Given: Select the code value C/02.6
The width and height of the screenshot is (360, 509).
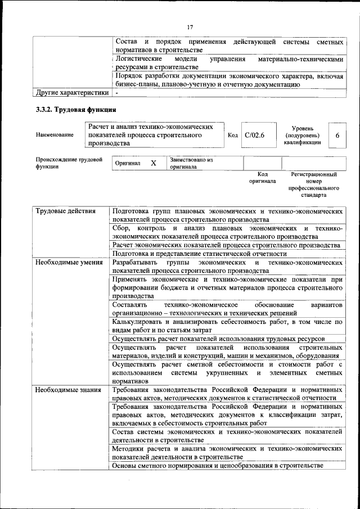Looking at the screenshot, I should pyautogui.click(x=254, y=136).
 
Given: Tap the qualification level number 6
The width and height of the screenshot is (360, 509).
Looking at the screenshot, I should pyautogui.click(x=337, y=136).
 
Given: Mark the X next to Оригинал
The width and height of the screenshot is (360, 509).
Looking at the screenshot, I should pyautogui.click(x=153, y=163).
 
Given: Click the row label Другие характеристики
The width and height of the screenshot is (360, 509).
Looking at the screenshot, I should pyautogui.click(x=71, y=92).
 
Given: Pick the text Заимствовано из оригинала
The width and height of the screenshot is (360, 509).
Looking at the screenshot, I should pyautogui.click(x=191, y=163).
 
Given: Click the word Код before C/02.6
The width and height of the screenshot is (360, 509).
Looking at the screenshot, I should pyautogui.click(x=232, y=136).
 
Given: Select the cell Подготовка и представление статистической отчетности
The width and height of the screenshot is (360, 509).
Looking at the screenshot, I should pyautogui.click(x=199, y=254).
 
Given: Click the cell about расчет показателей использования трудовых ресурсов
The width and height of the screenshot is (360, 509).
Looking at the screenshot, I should pyautogui.click(x=218, y=339).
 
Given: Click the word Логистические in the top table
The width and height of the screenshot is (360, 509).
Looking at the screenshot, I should pyautogui.click(x=139, y=59).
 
